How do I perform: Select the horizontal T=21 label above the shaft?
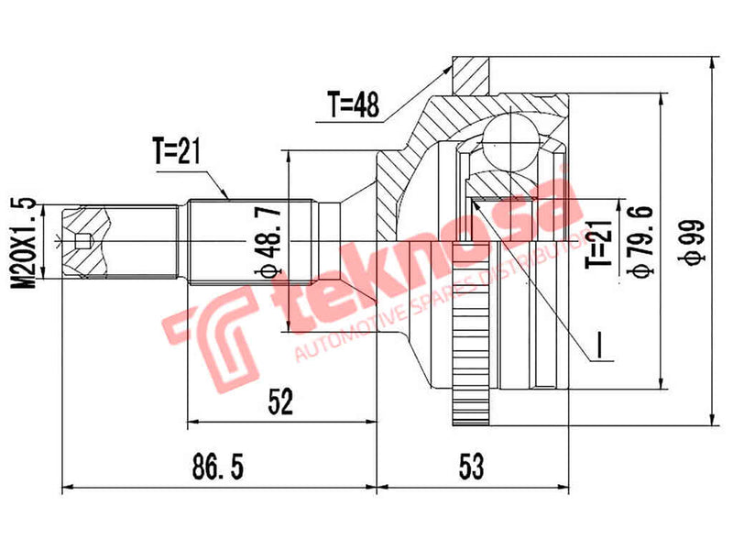[176, 152]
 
